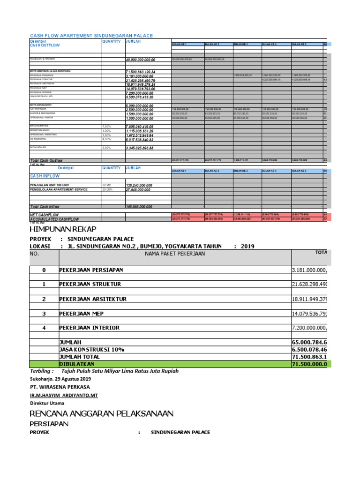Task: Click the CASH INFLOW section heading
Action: pyautogui.click(x=45, y=176)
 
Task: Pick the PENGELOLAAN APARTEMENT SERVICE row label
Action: pyautogui.click(x=59, y=190)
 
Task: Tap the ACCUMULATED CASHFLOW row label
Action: pyautogui.click(x=54, y=219)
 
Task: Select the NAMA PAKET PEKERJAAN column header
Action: pyautogui.click(x=175, y=254)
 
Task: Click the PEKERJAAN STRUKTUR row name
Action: pyautogui.click(x=90, y=284)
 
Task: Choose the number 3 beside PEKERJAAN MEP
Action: pyautogui.click(x=44, y=313)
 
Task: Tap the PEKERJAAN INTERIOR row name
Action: pyautogui.click(x=89, y=328)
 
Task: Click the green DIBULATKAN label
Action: pyautogui.click(x=76, y=364)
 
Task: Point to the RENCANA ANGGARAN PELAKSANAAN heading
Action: pyautogui.click(x=101, y=413)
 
